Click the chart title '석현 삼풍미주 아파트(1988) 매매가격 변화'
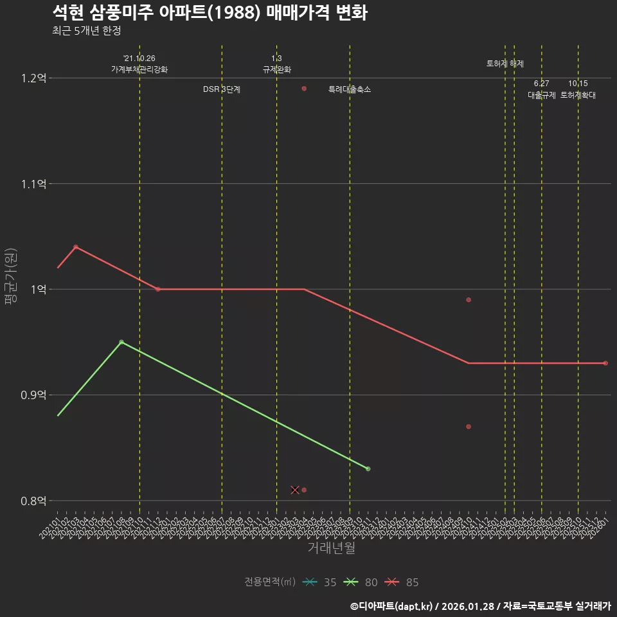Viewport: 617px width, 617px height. click(210, 13)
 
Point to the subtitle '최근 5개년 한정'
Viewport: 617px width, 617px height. click(87, 31)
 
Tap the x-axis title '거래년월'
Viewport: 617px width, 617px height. click(331, 548)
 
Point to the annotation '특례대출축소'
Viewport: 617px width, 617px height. click(350, 89)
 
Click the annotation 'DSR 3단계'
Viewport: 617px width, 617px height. click(222, 89)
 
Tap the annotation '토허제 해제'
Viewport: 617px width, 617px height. click(505, 64)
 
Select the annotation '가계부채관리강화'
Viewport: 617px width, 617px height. click(139, 69)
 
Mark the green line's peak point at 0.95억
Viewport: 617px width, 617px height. click(121, 342)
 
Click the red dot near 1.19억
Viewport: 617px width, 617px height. click(304, 89)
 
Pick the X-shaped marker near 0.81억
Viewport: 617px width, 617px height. click(295, 490)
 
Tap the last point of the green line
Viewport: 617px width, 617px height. click(368, 469)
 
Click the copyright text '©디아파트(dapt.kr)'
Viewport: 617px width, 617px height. click(392, 606)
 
